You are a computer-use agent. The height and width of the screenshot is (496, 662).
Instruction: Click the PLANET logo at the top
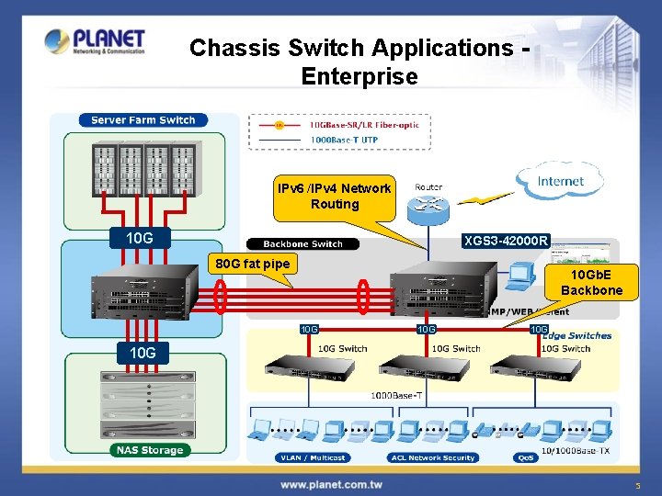click(95, 41)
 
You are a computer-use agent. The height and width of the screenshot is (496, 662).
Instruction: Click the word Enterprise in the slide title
click(359, 76)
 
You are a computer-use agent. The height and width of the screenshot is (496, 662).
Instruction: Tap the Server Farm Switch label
click(143, 120)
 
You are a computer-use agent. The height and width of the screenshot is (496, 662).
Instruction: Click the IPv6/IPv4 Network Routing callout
click(334, 196)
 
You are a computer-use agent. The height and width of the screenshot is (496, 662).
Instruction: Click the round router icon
click(427, 208)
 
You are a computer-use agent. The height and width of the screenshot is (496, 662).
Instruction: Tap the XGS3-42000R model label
click(506, 242)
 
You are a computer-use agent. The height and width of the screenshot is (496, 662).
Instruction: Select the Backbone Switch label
click(302, 244)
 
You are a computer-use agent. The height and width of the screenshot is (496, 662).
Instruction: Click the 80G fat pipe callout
click(252, 265)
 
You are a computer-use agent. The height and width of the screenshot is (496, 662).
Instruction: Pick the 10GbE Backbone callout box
click(597, 283)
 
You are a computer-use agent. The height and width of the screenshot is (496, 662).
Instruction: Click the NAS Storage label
click(149, 450)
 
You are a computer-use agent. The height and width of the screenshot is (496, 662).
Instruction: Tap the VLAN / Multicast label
click(310, 457)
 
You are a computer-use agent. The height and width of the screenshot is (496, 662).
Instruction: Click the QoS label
click(527, 457)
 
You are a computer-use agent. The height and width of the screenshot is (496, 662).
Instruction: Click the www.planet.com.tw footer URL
click(330, 484)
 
